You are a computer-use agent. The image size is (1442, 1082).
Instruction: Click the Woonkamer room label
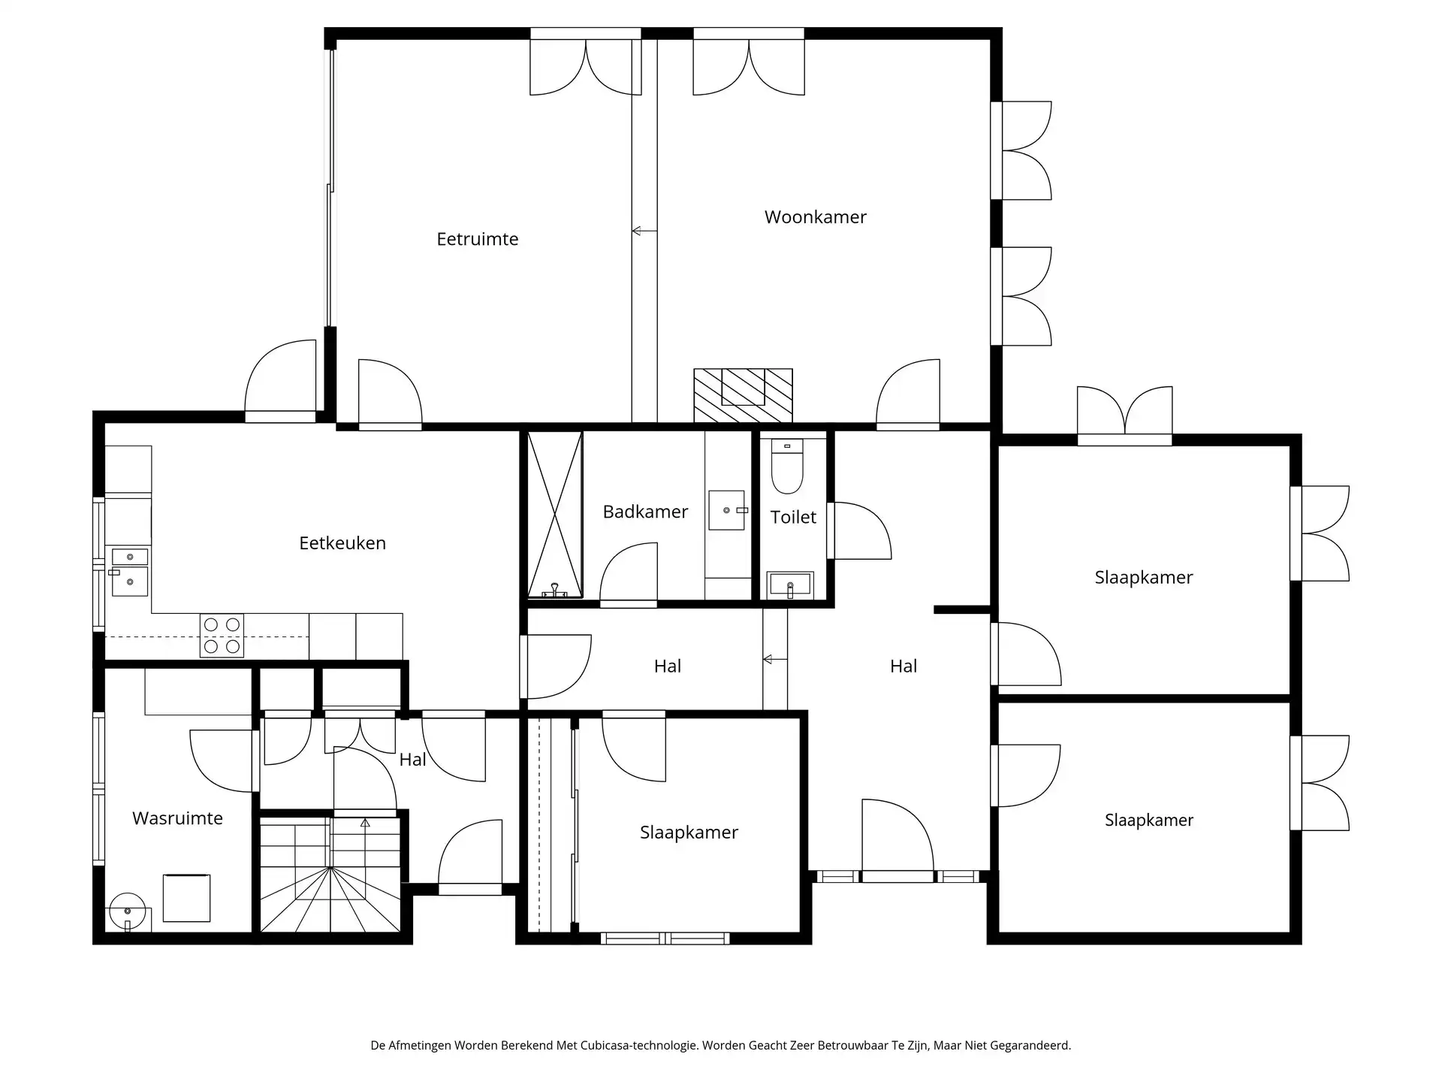click(815, 217)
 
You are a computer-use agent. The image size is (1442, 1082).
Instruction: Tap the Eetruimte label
click(478, 239)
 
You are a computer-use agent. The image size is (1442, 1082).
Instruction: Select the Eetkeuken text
click(342, 543)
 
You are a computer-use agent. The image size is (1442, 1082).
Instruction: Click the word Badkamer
click(645, 512)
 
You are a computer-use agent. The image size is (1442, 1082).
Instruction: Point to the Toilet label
click(793, 517)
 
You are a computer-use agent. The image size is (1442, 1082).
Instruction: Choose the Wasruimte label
click(177, 818)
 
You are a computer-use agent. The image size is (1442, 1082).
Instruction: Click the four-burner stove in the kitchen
click(222, 635)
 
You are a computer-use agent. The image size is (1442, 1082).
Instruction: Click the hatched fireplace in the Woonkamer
click(743, 395)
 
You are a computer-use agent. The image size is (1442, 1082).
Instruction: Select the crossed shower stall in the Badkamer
click(555, 515)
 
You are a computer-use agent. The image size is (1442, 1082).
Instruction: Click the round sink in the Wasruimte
click(127, 911)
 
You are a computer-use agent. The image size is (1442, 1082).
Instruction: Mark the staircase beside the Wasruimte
click(330, 875)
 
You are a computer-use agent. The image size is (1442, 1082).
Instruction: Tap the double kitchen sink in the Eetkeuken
click(129, 570)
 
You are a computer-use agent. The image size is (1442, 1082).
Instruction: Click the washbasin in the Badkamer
click(727, 510)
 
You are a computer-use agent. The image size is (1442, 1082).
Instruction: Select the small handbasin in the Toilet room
click(790, 584)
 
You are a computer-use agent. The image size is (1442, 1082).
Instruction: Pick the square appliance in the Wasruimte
click(186, 898)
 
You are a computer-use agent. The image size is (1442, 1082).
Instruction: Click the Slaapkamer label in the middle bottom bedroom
click(689, 833)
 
